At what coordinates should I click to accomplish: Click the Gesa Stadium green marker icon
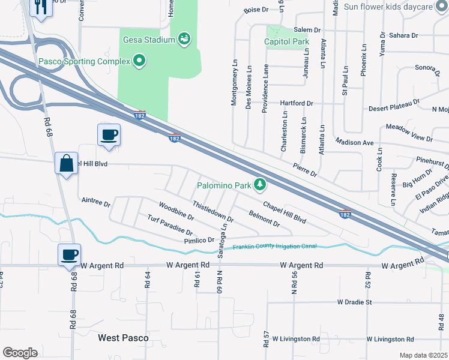[x=185, y=40]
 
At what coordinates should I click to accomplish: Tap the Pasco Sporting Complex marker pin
[x=139, y=61]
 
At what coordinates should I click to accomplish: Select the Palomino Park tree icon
[x=260, y=185]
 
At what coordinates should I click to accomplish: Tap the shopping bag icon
[x=66, y=163]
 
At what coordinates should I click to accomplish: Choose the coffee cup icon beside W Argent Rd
[x=68, y=254]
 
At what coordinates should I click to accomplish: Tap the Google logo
[x=20, y=352]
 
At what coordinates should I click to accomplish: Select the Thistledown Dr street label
[x=212, y=212]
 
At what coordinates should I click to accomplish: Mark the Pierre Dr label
[x=305, y=169]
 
